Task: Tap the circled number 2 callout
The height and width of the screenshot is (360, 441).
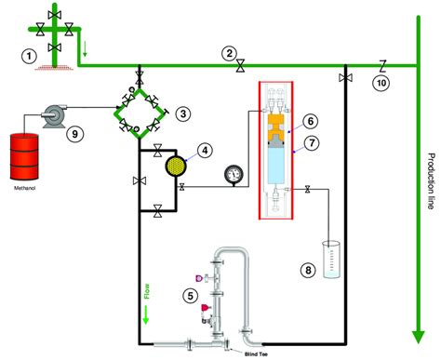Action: point(229,53)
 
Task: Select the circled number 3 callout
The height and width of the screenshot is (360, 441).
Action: point(184,113)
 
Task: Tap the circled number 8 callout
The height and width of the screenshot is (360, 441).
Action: point(309,271)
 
